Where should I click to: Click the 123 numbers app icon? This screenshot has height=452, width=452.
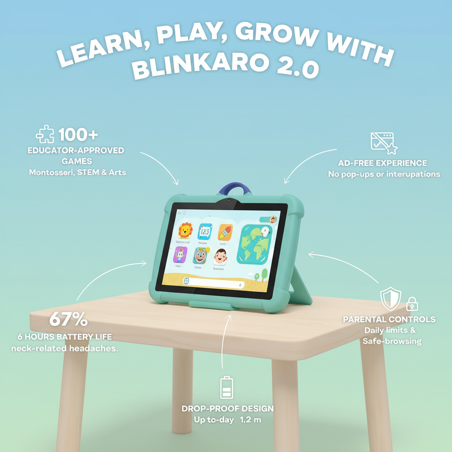[x=205, y=231]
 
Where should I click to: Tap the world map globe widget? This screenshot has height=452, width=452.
[x=254, y=244]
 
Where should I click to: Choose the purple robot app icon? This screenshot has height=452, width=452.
[x=180, y=255]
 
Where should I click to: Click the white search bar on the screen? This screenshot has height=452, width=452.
[x=214, y=283]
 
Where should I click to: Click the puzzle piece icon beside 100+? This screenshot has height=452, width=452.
[x=45, y=134]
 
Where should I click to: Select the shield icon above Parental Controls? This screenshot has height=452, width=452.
[x=391, y=299]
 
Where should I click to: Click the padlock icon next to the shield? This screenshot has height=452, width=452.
[x=412, y=304]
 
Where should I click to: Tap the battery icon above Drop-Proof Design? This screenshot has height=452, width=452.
[x=226, y=388]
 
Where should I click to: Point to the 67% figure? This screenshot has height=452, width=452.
[x=68, y=320]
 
